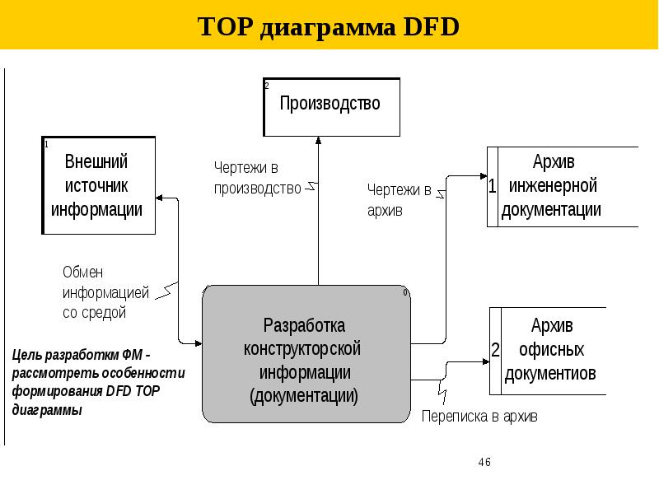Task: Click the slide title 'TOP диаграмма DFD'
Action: (329, 28)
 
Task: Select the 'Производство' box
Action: (331, 106)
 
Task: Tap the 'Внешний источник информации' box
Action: (97, 184)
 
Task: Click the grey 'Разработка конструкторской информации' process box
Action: (306, 354)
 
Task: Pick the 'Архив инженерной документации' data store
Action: (563, 185)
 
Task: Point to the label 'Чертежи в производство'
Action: (257, 178)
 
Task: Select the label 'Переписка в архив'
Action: (479, 417)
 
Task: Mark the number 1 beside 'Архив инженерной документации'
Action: (492, 187)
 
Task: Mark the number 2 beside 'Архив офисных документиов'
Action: (495, 350)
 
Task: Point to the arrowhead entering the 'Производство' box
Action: (317, 141)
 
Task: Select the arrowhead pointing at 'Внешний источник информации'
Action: (159, 198)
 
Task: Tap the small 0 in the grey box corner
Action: (405, 293)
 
